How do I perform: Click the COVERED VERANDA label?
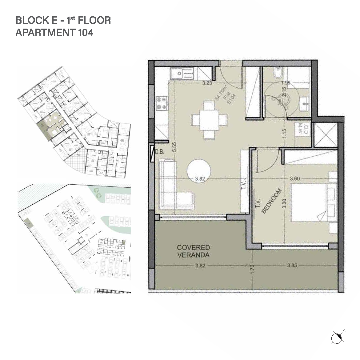(193, 251)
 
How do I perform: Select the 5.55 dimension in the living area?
(174, 150)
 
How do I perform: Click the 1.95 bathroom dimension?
(286, 83)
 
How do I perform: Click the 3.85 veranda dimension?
(292, 265)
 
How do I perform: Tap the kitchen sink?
(182, 74)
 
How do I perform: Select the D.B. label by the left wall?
(159, 152)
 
